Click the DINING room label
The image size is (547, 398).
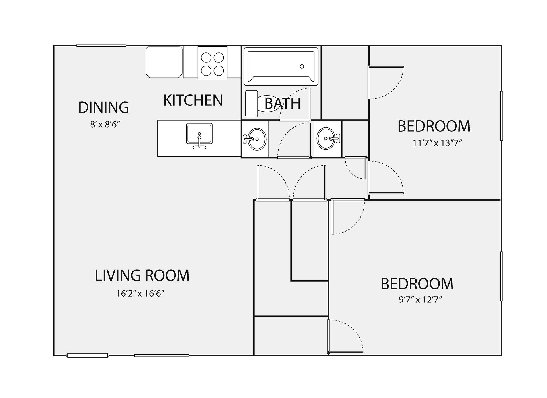(103, 107)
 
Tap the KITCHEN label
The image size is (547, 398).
(193, 100)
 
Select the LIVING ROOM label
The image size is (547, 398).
(142, 275)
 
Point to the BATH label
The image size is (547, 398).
(282, 103)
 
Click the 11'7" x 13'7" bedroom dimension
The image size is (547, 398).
(437, 143)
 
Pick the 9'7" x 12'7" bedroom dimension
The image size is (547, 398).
(420, 300)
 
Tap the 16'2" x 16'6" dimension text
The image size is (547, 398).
(140, 293)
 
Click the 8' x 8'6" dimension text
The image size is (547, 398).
(105, 124)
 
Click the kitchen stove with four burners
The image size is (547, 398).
(213, 63)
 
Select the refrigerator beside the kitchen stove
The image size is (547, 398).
(164, 62)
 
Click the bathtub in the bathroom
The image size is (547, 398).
(281, 66)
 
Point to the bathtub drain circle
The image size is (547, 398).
(302, 66)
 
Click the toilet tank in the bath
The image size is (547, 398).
(252, 104)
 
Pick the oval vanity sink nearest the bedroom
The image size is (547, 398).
(327, 139)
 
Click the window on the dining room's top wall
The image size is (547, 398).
(101, 45)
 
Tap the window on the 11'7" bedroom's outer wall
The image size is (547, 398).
(501, 116)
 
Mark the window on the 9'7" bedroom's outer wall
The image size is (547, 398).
(501, 276)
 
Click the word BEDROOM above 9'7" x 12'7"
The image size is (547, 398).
(417, 284)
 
